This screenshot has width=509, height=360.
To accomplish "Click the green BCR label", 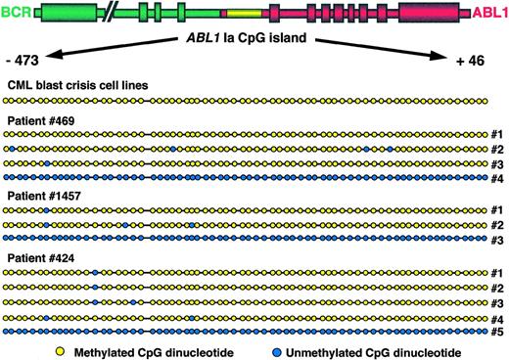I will point(15,13).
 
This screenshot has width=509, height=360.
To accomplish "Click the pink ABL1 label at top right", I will point(490,13).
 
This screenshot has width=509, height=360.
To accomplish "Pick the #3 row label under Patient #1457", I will point(498,240).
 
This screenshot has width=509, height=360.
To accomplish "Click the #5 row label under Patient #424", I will point(498,333).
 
